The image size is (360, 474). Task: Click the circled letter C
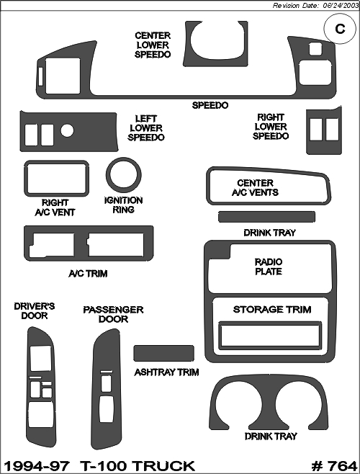340,29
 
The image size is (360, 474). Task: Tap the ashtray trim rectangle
164,353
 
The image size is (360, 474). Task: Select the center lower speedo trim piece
215,61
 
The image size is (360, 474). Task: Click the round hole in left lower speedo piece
67,130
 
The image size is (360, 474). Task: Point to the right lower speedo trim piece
324,147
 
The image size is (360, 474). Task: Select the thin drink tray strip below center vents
266,217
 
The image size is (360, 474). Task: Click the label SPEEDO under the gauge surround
210,105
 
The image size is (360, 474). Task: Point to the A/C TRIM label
88,274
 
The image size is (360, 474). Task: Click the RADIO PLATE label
269,267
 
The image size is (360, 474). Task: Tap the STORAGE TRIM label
272,310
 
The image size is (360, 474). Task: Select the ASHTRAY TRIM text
166,372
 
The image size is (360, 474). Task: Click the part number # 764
334,466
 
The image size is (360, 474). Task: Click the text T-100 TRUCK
138,466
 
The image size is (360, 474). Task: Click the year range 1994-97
37,466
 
